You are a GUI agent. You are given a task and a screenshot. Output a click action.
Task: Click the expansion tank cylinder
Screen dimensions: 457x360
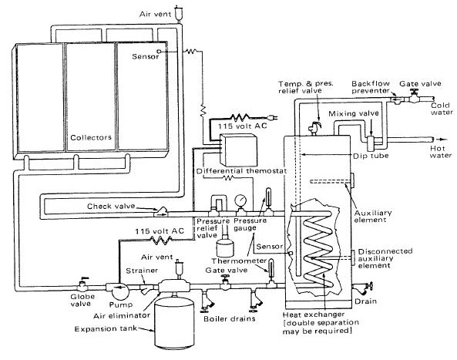[174, 321]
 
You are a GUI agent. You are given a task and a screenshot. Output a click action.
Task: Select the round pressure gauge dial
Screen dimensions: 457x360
[240, 200]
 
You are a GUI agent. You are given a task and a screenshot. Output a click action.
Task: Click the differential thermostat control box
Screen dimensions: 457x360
[239, 150]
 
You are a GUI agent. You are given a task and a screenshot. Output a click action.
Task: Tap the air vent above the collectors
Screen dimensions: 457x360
[177, 14]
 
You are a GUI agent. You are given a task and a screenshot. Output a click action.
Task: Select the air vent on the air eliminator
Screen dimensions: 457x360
[177, 269]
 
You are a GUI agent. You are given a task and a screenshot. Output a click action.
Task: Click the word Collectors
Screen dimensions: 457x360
[91, 137]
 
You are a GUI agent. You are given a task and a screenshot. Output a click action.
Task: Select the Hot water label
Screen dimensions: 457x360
[440, 152]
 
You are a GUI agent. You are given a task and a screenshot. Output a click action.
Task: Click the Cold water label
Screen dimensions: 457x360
[442, 109]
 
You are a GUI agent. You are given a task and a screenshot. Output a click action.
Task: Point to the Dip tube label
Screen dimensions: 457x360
[371, 156]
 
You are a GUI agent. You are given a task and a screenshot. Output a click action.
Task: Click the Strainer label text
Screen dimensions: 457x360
[142, 271]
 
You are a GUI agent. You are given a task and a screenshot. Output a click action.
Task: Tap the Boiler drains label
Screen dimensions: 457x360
[230, 318]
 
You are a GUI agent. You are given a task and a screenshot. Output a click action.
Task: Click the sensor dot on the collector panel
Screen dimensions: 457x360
[159, 52]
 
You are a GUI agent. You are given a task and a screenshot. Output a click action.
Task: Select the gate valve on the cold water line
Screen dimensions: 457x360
[414, 96]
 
